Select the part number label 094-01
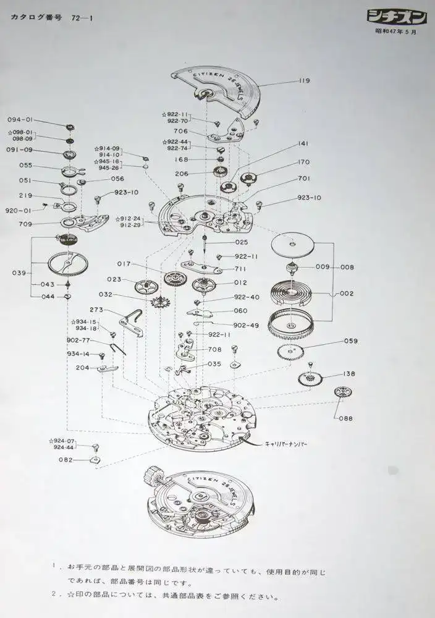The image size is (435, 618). (x=20, y=120)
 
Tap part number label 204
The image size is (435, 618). (x=82, y=367)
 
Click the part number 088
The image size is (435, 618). (x=346, y=418)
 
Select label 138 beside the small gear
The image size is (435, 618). (x=348, y=375)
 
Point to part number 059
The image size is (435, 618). (x=351, y=341)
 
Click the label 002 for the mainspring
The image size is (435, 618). (x=346, y=294)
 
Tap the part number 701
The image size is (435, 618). (x=304, y=178)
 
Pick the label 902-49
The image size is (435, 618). (x=246, y=325)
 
